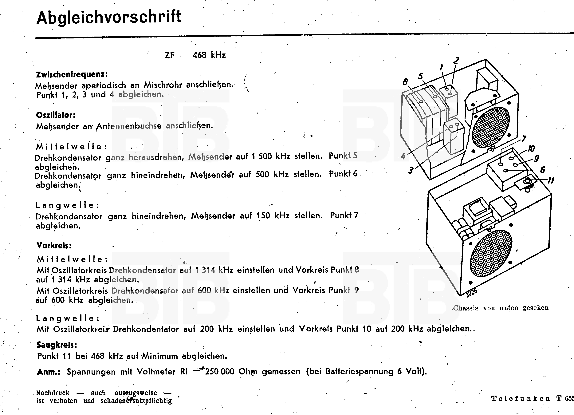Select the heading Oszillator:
(x=56, y=115)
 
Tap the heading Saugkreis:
(x=57, y=345)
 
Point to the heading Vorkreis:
(x=54, y=245)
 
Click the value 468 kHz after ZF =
(x=209, y=55)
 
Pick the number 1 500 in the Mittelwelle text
(x=262, y=156)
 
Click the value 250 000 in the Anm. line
(x=219, y=371)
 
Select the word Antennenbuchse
(x=129, y=126)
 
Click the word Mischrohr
(x=163, y=85)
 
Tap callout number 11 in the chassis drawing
(x=551, y=180)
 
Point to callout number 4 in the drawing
(x=403, y=156)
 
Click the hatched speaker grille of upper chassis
(x=490, y=127)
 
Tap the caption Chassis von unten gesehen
(x=501, y=308)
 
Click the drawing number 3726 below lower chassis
(x=471, y=292)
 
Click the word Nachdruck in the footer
(x=53, y=393)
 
